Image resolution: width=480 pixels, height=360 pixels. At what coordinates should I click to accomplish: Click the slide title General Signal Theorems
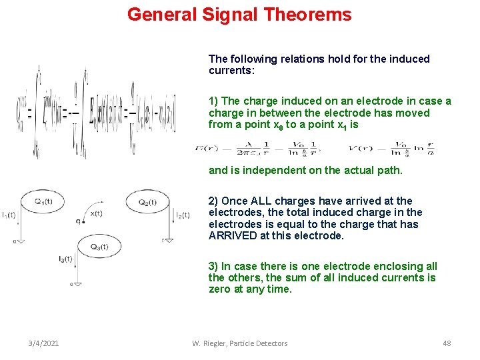[x=239, y=14]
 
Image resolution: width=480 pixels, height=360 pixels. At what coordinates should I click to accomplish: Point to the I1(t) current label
[x=9, y=215]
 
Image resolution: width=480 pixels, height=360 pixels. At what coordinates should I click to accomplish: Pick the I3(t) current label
[x=65, y=258]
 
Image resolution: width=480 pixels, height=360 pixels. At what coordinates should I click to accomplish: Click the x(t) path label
[x=97, y=213]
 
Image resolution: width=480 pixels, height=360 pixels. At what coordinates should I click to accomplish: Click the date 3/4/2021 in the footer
[x=43, y=343]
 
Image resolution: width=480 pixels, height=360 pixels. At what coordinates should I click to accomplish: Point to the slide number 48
[x=447, y=343]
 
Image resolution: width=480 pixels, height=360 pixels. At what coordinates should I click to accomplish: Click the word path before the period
[x=389, y=170]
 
